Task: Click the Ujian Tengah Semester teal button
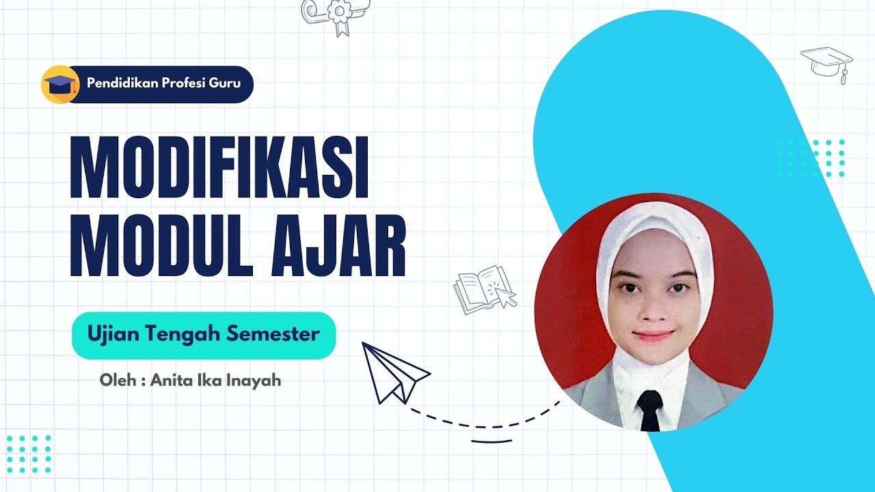[204, 336]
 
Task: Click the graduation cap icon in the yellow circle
[60, 85]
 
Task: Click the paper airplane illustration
[394, 372]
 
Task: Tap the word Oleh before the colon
[116, 380]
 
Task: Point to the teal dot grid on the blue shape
[811, 158]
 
